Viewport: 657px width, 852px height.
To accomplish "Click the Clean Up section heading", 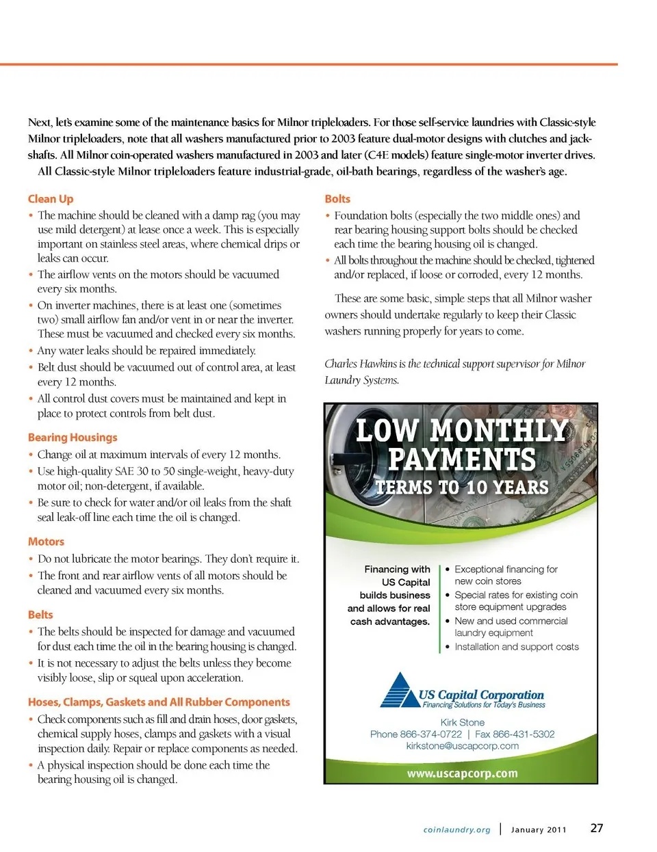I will pyautogui.click(x=50, y=199).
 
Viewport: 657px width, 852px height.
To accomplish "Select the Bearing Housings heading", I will pyautogui.click(x=73, y=438).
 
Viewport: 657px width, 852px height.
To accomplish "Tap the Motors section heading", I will pyautogui.click(x=46, y=542).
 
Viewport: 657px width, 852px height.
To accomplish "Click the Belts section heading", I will pyautogui.click(x=40, y=615).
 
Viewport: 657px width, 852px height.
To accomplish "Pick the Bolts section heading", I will pyautogui.click(x=337, y=199).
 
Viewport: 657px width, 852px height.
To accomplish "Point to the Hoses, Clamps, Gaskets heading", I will pyautogui.click(x=159, y=702).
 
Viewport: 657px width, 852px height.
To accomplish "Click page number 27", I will pyautogui.click(x=597, y=828).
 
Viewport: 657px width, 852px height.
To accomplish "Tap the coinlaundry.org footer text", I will pyautogui.click(x=456, y=830).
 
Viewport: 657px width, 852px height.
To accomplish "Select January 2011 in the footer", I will pyautogui.click(x=539, y=830).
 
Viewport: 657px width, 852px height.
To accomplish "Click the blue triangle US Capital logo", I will pyautogui.click(x=398, y=690).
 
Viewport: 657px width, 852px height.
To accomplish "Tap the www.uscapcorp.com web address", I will pyautogui.click(x=462, y=774).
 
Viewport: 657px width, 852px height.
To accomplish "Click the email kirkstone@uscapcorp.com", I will pyautogui.click(x=462, y=746).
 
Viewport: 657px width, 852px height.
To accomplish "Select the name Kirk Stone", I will pyautogui.click(x=462, y=723).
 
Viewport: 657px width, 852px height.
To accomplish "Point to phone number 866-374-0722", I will pyautogui.click(x=430, y=734).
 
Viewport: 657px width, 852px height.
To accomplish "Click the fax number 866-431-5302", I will pyautogui.click(x=524, y=734).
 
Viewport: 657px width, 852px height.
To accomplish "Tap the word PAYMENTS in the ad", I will pyautogui.click(x=462, y=460).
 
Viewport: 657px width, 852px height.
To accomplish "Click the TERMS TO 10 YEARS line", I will pyautogui.click(x=462, y=488).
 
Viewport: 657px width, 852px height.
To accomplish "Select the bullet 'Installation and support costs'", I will pyautogui.click(x=516, y=647).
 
